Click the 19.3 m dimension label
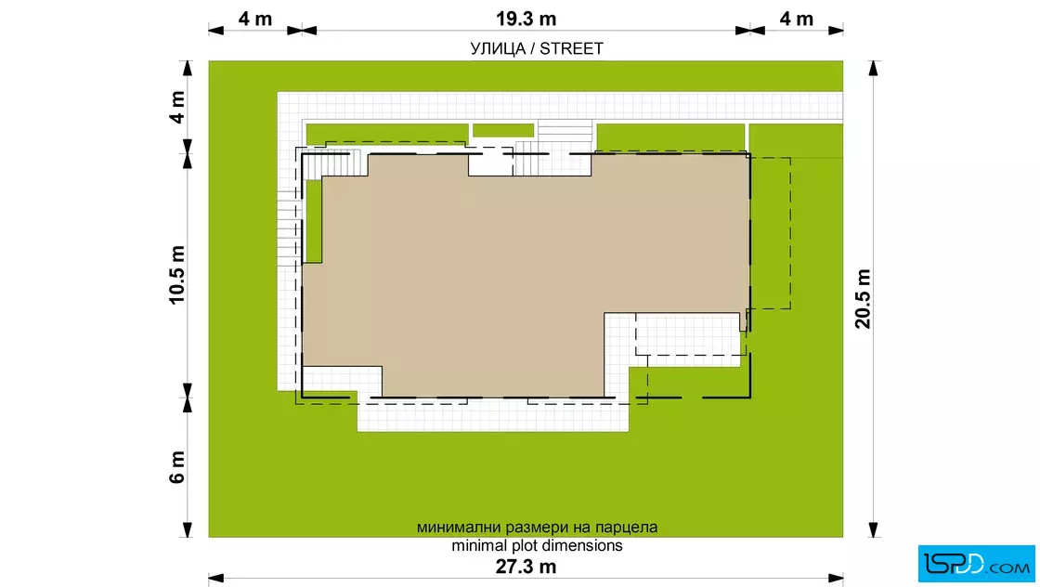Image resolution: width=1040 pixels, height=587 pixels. [x=526, y=20]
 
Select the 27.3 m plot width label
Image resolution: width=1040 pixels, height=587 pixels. [x=526, y=567]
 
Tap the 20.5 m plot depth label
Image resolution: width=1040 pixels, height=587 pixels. [x=863, y=298]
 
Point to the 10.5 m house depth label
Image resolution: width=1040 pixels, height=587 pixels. [x=177, y=275]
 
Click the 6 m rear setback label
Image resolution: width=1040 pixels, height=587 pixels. [x=177, y=467]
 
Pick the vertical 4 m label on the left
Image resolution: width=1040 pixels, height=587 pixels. [x=177, y=108]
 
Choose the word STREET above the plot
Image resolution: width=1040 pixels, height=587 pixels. [x=571, y=48]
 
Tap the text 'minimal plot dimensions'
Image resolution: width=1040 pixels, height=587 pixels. [x=538, y=546]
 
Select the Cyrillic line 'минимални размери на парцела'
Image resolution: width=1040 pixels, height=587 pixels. [x=538, y=528]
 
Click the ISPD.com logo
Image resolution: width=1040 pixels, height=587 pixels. [x=976, y=564]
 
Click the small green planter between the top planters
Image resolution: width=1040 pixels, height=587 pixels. [x=502, y=131]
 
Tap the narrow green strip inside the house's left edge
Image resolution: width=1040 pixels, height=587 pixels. [x=313, y=221]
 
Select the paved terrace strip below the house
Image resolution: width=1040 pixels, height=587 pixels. [x=493, y=415]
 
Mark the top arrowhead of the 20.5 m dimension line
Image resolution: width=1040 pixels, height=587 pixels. [x=874, y=68]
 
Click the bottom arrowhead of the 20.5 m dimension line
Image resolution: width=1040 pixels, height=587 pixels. [x=874, y=530]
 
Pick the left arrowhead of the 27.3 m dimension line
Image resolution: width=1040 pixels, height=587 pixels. [x=216, y=579]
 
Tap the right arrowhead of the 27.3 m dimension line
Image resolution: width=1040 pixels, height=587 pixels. [x=836, y=579]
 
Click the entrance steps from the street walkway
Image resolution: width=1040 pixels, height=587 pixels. [x=565, y=131]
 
